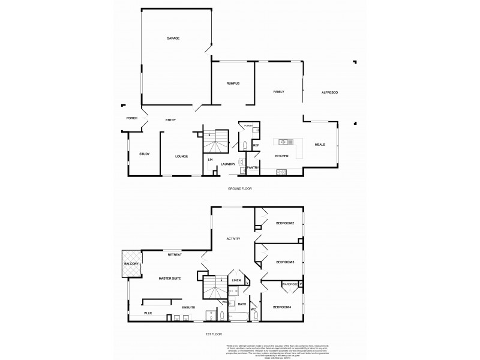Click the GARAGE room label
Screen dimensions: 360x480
coord(173,38)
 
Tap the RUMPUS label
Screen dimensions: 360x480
coord(233,83)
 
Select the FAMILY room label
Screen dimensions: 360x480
coord(278,92)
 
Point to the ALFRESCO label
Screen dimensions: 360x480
coord(330,92)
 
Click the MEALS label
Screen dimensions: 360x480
coord(320,145)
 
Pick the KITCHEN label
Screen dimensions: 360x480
coord(281,156)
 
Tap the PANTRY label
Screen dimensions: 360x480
coord(253,167)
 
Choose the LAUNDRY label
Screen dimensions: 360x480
coord(227,164)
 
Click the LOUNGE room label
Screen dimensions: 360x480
coord(181,156)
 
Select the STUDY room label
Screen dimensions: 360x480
coord(144,154)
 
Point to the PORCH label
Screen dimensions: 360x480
coord(131,118)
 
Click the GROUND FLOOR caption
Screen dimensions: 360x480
coord(239,188)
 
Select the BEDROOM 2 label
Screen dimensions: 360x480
coord(284,223)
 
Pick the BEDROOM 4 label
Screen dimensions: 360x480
coord(281,307)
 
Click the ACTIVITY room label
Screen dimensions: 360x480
coord(233,239)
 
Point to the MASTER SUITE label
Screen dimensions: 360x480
coord(170,278)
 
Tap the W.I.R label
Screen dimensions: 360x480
coord(148,314)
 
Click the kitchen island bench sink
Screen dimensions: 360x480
coord(284,142)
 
